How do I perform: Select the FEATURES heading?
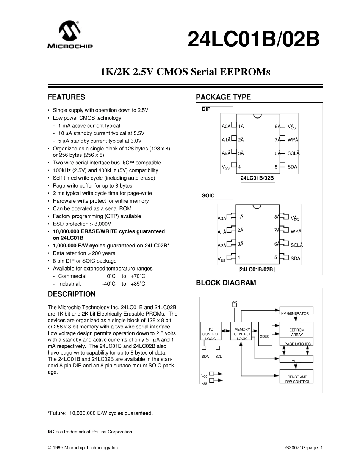pyautogui.click(x=66, y=97)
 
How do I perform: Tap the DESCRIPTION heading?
pyautogui.click(x=72, y=294)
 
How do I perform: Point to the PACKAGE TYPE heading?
pyautogui.click(x=223, y=97)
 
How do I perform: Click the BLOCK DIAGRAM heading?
pyautogui.click(x=226, y=283)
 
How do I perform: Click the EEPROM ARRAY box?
pyautogui.click(x=297, y=332)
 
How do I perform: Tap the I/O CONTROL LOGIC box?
pyautogui.click(x=211, y=333)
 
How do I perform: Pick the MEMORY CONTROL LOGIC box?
pyautogui.click(x=242, y=333)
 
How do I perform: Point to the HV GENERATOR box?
pyautogui.click(x=295, y=313)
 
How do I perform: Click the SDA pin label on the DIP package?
pyautogui.click(x=292, y=167)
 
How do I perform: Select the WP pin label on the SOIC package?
pyautogui.click(x=296, y=231)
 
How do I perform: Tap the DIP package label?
pyautogui.click(x=206, y=109)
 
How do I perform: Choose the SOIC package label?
pyautogui.click(x=208, y=196)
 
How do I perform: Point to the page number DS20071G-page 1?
pyautogui.click(x=302, y=448)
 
